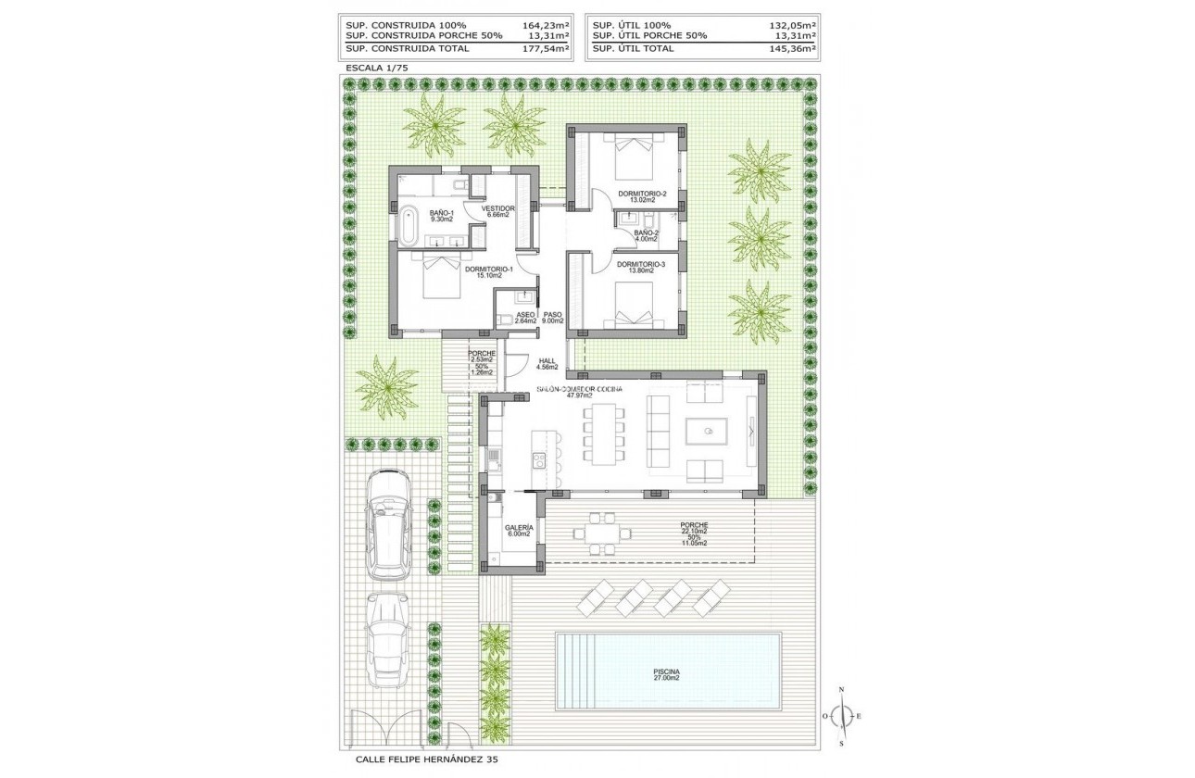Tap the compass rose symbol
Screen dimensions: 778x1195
point(841,716)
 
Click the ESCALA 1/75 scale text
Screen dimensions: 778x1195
point(377,69)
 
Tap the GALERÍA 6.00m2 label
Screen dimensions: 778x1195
point(518,530)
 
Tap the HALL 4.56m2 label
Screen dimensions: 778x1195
point(547,364)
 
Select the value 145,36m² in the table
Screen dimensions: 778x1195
point(795,48)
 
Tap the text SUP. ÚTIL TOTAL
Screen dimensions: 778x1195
point(634,48)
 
